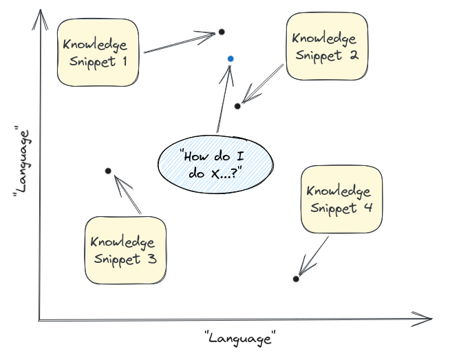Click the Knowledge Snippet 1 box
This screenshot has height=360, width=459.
click(x=98, y=52)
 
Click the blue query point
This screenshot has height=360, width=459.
click(x=231, y=59)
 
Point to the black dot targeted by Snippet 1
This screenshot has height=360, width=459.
click(x=222, y=32)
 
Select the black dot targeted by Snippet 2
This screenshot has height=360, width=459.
click(x=237, y=105)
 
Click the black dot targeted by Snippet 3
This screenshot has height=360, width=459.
click(x=108, y=171)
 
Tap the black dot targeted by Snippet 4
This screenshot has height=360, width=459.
click(x=296, y=279)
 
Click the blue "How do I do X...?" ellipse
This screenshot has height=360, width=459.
click(x=215, y=165)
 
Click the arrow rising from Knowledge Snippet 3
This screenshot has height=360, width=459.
click(x=127, y=194)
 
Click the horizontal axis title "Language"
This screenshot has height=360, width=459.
click(x=240, y=337)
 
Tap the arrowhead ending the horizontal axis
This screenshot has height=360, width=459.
click(x=427, y=318)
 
